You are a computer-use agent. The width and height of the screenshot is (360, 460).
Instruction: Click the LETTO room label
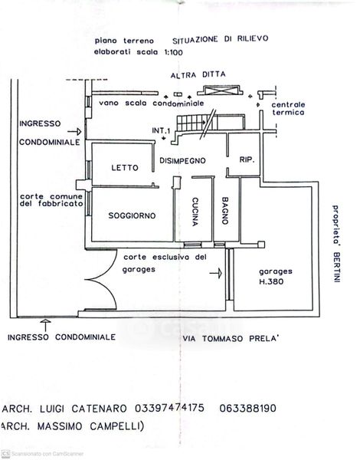125,168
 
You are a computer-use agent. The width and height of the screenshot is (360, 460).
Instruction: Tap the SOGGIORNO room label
132,215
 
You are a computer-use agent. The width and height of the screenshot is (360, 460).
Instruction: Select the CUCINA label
195,212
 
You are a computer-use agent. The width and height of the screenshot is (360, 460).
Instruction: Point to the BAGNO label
225,211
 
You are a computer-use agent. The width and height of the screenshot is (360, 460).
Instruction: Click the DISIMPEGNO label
182,160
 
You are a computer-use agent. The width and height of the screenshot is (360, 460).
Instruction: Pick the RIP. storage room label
247,160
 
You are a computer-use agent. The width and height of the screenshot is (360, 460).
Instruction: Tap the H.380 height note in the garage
271,281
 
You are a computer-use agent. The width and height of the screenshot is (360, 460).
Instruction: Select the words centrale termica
288,109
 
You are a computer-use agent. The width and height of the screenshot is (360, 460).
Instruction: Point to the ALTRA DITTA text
198,75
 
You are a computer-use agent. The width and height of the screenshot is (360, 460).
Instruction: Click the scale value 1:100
173,52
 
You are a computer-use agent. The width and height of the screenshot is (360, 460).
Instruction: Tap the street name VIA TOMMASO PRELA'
231,339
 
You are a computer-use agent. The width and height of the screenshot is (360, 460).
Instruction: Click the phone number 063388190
247,409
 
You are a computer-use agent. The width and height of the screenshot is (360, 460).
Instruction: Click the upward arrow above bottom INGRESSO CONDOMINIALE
45,325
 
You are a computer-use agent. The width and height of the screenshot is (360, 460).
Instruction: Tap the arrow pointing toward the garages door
216,273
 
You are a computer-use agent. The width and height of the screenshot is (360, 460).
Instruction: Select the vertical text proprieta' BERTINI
336,243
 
